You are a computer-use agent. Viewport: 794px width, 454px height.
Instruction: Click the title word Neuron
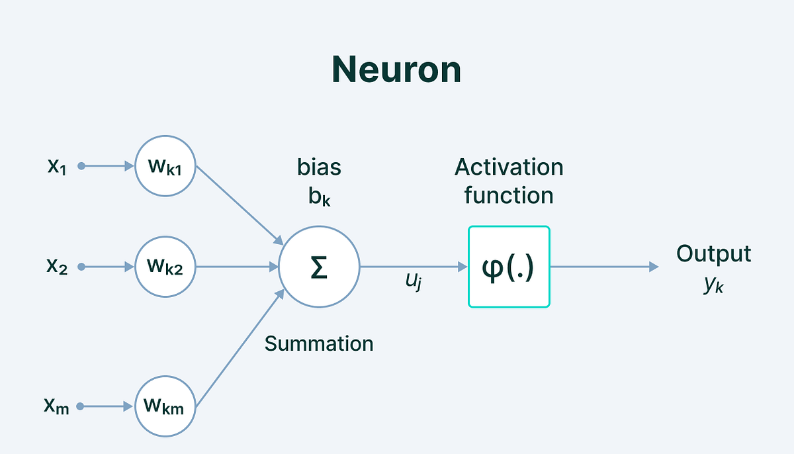point(396,69)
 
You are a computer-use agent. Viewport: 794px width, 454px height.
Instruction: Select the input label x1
point(57,165)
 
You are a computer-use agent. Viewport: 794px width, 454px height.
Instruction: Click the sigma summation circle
point(319,267)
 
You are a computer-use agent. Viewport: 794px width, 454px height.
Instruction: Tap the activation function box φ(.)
point(509,267)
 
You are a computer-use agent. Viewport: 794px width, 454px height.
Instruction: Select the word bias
point(319,167)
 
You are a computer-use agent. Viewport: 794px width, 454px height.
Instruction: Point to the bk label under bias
point(319,197)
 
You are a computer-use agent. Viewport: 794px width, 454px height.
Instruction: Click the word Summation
point(319,343)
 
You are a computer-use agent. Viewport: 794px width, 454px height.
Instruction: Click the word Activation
point(509,167)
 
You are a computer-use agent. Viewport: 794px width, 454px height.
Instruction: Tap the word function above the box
point(509,196)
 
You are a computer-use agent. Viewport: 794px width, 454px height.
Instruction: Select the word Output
point(713,254)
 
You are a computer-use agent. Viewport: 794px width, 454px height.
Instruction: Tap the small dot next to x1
point(81,166)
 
